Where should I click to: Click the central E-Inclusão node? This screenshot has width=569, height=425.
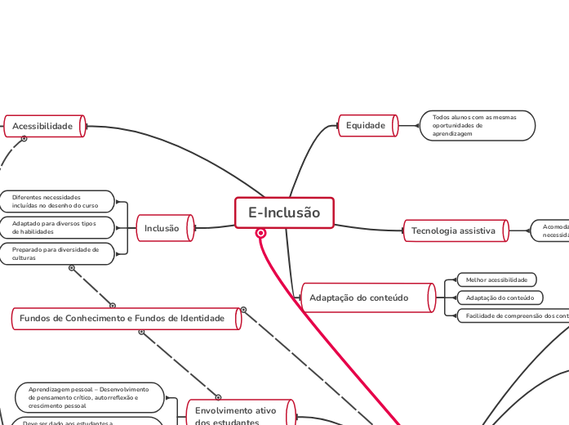[x=284, y=213]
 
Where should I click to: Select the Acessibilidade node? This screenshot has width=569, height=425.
[x=44, y=126]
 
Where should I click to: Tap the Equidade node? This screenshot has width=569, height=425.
[x=367, y=126]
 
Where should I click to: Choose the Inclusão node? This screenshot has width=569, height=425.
[x=164, y=229]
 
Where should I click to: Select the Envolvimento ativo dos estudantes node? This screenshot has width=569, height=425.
[x=238, y=415]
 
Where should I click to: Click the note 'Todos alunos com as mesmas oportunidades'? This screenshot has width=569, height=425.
[x=477, y=126]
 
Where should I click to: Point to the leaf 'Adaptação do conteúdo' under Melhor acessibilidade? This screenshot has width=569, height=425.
[x=499, y=297]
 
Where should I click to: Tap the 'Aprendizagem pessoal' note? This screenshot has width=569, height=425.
[x=89, y=397]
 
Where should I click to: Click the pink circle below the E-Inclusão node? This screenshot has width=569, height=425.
[x=261, y=233]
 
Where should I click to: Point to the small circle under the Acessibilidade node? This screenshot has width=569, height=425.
[x=24, y=139]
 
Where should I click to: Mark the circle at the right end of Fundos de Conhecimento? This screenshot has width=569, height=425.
[x=243, y=310]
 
